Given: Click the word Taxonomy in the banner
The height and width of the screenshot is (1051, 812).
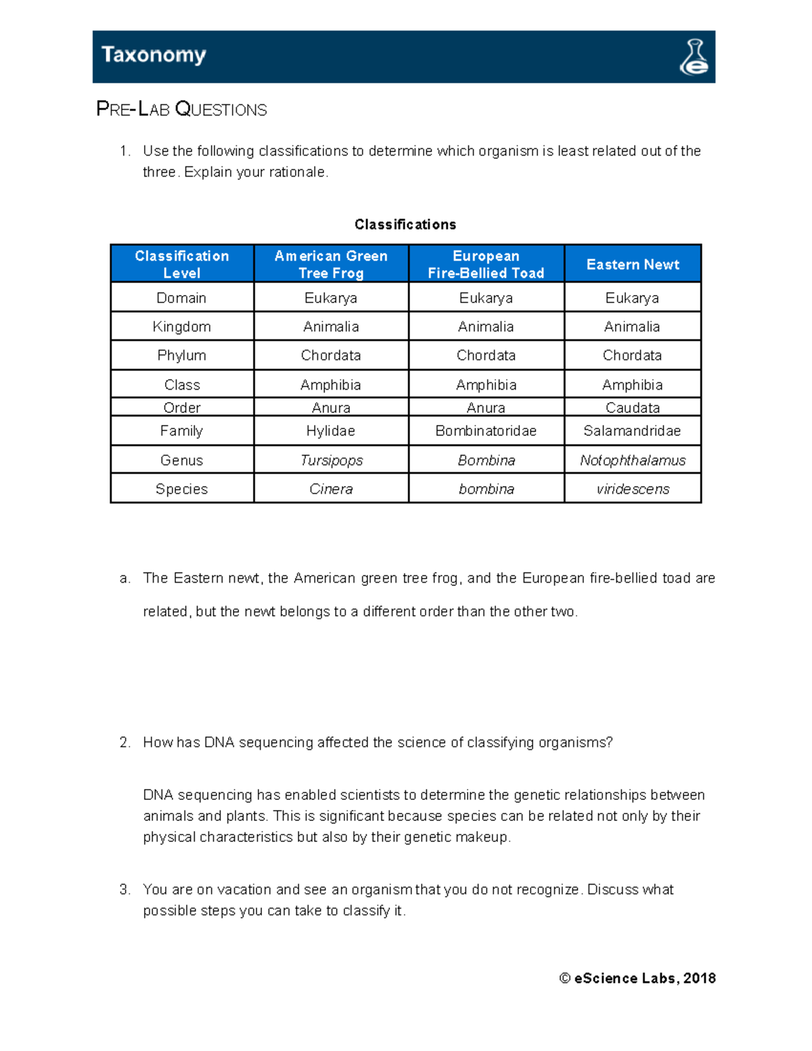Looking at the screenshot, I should point(154,55).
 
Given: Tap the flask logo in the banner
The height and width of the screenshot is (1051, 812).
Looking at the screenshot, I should point(694,57).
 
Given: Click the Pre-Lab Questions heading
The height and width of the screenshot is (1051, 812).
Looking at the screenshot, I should point(181,109).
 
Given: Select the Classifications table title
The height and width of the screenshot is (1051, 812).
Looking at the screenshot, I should point(405,224).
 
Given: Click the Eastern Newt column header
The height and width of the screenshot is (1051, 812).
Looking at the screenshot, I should point(633,265).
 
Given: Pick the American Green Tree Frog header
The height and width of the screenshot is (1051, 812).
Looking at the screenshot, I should point(331,264).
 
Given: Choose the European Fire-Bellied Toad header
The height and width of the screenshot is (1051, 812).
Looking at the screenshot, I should point(486,264).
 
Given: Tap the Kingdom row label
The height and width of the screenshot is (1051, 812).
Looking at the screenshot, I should point(181,327).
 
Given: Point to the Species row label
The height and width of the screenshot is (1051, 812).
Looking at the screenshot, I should point(181,489).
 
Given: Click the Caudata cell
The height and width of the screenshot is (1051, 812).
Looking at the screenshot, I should point(633,407).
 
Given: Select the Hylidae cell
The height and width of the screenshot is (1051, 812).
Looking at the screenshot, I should point(331,431).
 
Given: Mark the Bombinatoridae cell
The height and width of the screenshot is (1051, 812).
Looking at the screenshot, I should point(486,431).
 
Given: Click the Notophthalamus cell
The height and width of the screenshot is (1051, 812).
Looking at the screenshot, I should point(633,460).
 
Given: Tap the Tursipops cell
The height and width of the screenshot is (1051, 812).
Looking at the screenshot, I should point(331,460).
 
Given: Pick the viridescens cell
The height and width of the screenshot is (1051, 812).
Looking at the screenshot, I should point(633,489).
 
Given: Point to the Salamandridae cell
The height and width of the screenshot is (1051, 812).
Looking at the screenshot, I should point(632,431).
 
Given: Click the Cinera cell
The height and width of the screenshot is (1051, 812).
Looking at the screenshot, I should point(331,489).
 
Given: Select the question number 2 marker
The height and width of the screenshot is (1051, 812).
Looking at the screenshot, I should point(125,742).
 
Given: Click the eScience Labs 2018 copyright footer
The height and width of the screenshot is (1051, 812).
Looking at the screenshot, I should point(637,978).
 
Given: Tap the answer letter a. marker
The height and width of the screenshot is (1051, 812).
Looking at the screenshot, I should point(125,578).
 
